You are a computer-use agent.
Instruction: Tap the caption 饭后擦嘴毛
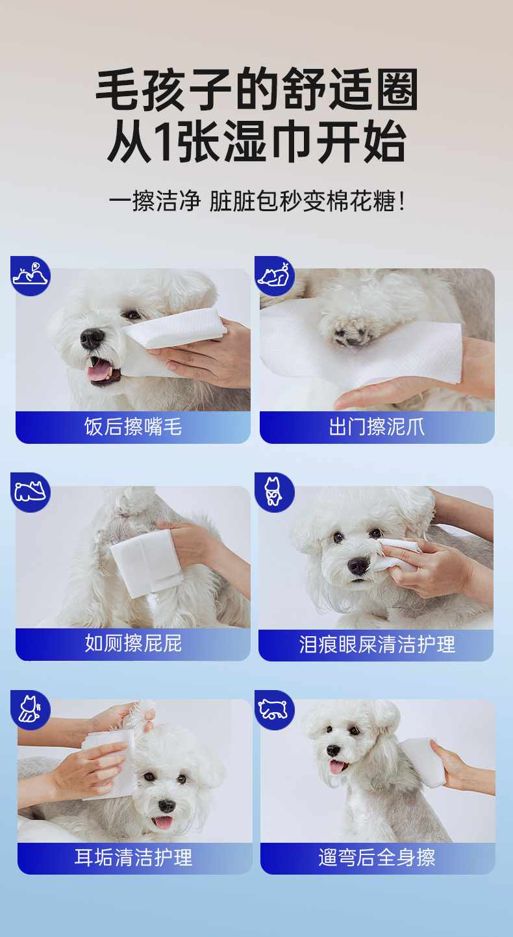coord(133,427)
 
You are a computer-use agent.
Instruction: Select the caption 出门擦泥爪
coord(377,427)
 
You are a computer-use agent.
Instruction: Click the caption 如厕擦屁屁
coord(133,643)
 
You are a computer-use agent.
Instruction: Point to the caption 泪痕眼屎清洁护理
coord(377,645)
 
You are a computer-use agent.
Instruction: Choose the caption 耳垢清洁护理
coord(133,857)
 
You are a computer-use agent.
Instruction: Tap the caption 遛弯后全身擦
coord(377,857)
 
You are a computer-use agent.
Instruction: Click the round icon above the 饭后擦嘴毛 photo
coord(31,276)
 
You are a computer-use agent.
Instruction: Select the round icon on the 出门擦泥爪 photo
coord(275,276)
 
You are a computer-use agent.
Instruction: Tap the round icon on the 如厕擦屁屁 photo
coord(31,493)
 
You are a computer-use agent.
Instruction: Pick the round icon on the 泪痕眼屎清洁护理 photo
coord(275,493)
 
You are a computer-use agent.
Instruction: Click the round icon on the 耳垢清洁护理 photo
coord(31,710)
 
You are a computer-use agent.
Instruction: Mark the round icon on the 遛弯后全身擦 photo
coord(275,710)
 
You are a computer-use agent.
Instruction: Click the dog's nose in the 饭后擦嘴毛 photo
coord(92,338)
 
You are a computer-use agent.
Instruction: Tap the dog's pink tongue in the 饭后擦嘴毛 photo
coord(99,370)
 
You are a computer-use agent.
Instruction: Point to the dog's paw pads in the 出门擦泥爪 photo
coord(353,335)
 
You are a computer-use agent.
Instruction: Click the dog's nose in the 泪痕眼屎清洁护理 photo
coord(358,565)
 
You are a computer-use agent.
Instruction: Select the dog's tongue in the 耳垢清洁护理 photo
coord(163,822)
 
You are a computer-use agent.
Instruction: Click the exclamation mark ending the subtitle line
coord(402,201)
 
